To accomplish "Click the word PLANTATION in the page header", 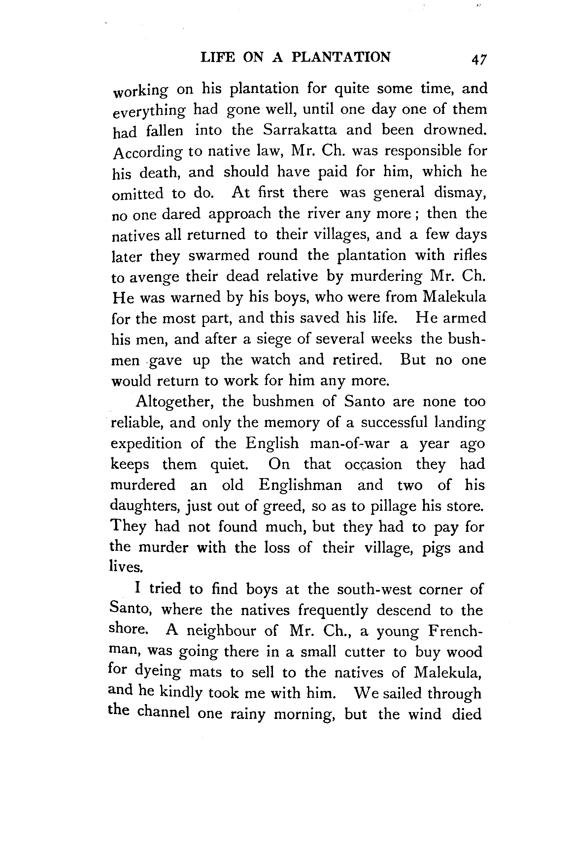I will click(341, 57).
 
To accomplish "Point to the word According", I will click(147, 152).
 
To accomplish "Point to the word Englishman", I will click(300, 485).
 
